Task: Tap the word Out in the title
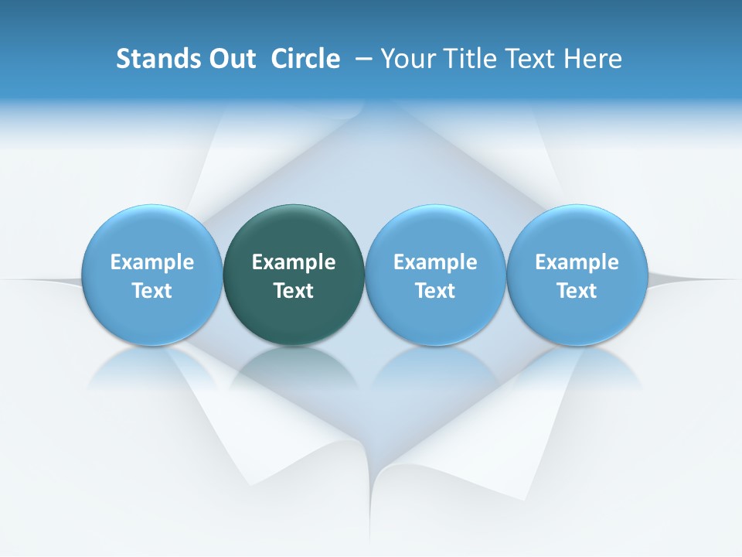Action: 230,59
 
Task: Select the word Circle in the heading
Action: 305,59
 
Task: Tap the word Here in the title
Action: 593,59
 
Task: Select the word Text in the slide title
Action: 530,59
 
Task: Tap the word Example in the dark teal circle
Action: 294,262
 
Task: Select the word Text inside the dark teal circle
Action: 294,291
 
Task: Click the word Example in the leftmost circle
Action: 151,262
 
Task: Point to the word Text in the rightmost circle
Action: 577,291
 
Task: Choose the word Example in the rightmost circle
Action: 577,262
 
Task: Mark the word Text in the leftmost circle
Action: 151,291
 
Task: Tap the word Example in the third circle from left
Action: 435,262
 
